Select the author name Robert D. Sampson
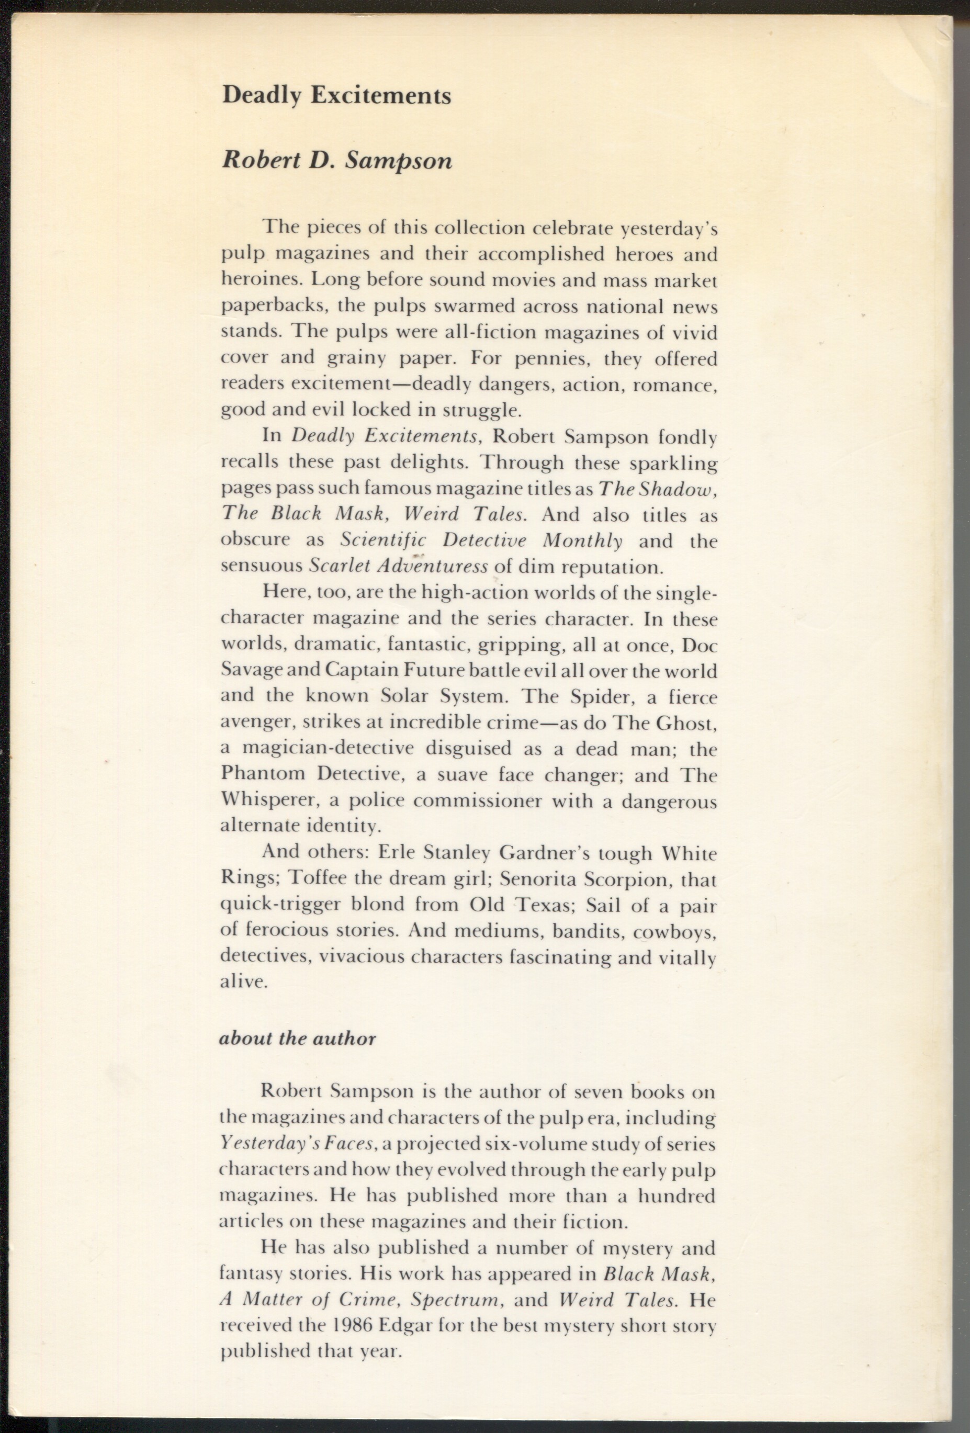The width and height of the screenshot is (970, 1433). (x=337, y=160)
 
